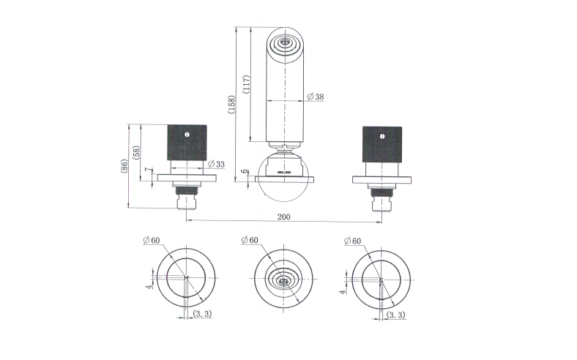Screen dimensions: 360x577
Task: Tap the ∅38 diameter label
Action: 317,97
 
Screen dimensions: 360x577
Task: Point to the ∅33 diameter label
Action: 216,164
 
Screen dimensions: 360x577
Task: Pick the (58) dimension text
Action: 137,152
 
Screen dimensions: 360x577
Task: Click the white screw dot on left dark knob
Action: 187,135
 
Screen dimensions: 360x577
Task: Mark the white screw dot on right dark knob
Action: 381,135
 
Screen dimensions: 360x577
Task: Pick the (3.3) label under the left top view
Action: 204,315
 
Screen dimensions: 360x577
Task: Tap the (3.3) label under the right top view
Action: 396,315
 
